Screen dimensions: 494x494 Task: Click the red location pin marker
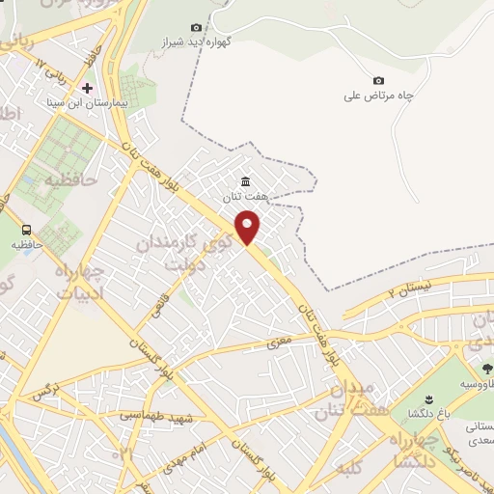pyautogui.click(x=249, y=227)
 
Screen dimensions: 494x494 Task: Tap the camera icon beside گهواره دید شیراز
pyautogui.click(x=197, y=27)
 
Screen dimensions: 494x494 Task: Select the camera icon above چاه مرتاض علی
pyautogui.click(x=378, y=80)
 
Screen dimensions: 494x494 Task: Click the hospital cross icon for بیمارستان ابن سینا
pyautogui.click(x=88, y=88)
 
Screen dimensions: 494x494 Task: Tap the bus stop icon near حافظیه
pyautogui.click(x=27, y=230)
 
